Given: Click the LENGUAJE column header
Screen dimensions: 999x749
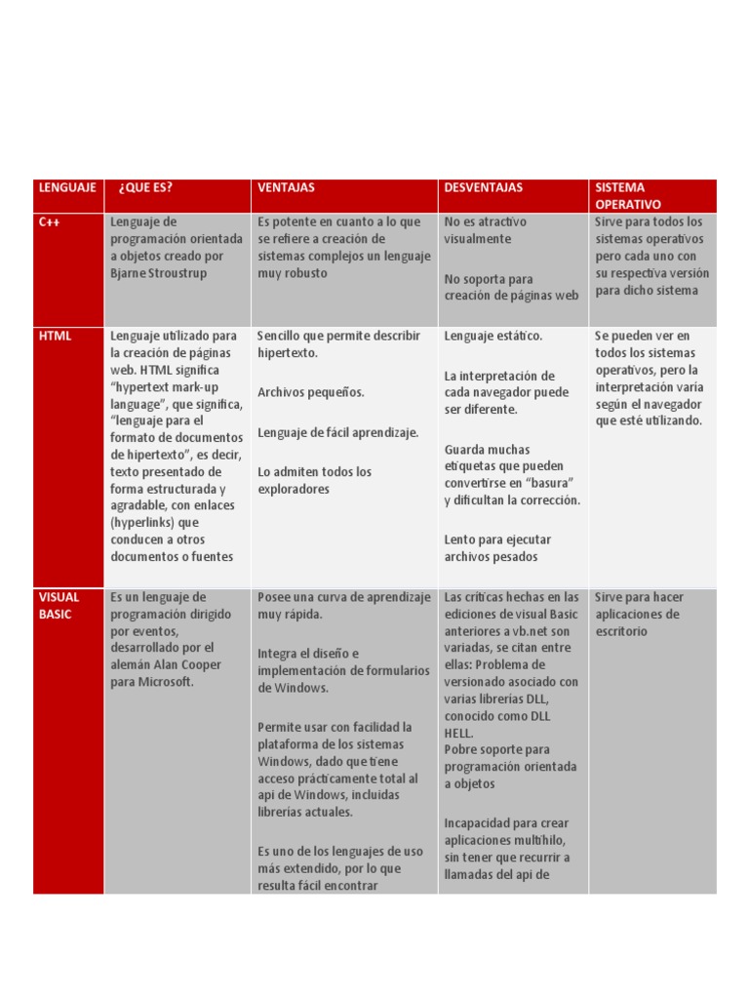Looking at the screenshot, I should tap(66, 187).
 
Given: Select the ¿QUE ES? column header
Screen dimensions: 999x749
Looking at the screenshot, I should tap(146, 187).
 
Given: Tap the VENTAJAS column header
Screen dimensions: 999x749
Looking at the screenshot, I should tap(286, 187).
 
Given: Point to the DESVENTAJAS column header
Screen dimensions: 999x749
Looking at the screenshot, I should tap(484, 187).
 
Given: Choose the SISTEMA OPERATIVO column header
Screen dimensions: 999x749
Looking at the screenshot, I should tap(627, 196).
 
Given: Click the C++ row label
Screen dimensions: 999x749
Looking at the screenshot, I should tap(51, 222).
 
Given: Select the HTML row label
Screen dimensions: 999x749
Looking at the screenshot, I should tap(56, 336).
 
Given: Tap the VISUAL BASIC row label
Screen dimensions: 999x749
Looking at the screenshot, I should tap(59, 606).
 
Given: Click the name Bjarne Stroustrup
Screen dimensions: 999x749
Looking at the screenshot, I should tap(157, 274).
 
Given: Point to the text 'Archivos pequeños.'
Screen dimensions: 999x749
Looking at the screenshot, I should tap(311, 392).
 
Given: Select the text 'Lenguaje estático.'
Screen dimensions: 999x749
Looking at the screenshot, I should tap(493, 336).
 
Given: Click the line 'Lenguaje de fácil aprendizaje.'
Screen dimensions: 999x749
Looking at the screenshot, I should tap(337, 432).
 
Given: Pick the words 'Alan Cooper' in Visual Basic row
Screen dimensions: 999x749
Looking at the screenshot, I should tap(191, 664).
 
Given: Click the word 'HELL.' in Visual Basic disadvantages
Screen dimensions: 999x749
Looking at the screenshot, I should tap(458, 733).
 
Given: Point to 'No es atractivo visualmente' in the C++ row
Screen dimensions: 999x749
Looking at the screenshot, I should tap(485, 230).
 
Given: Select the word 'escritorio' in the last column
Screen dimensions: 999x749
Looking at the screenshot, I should tap(621, 631).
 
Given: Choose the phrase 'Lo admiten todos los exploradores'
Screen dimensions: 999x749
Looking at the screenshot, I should tap(314, 480).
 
